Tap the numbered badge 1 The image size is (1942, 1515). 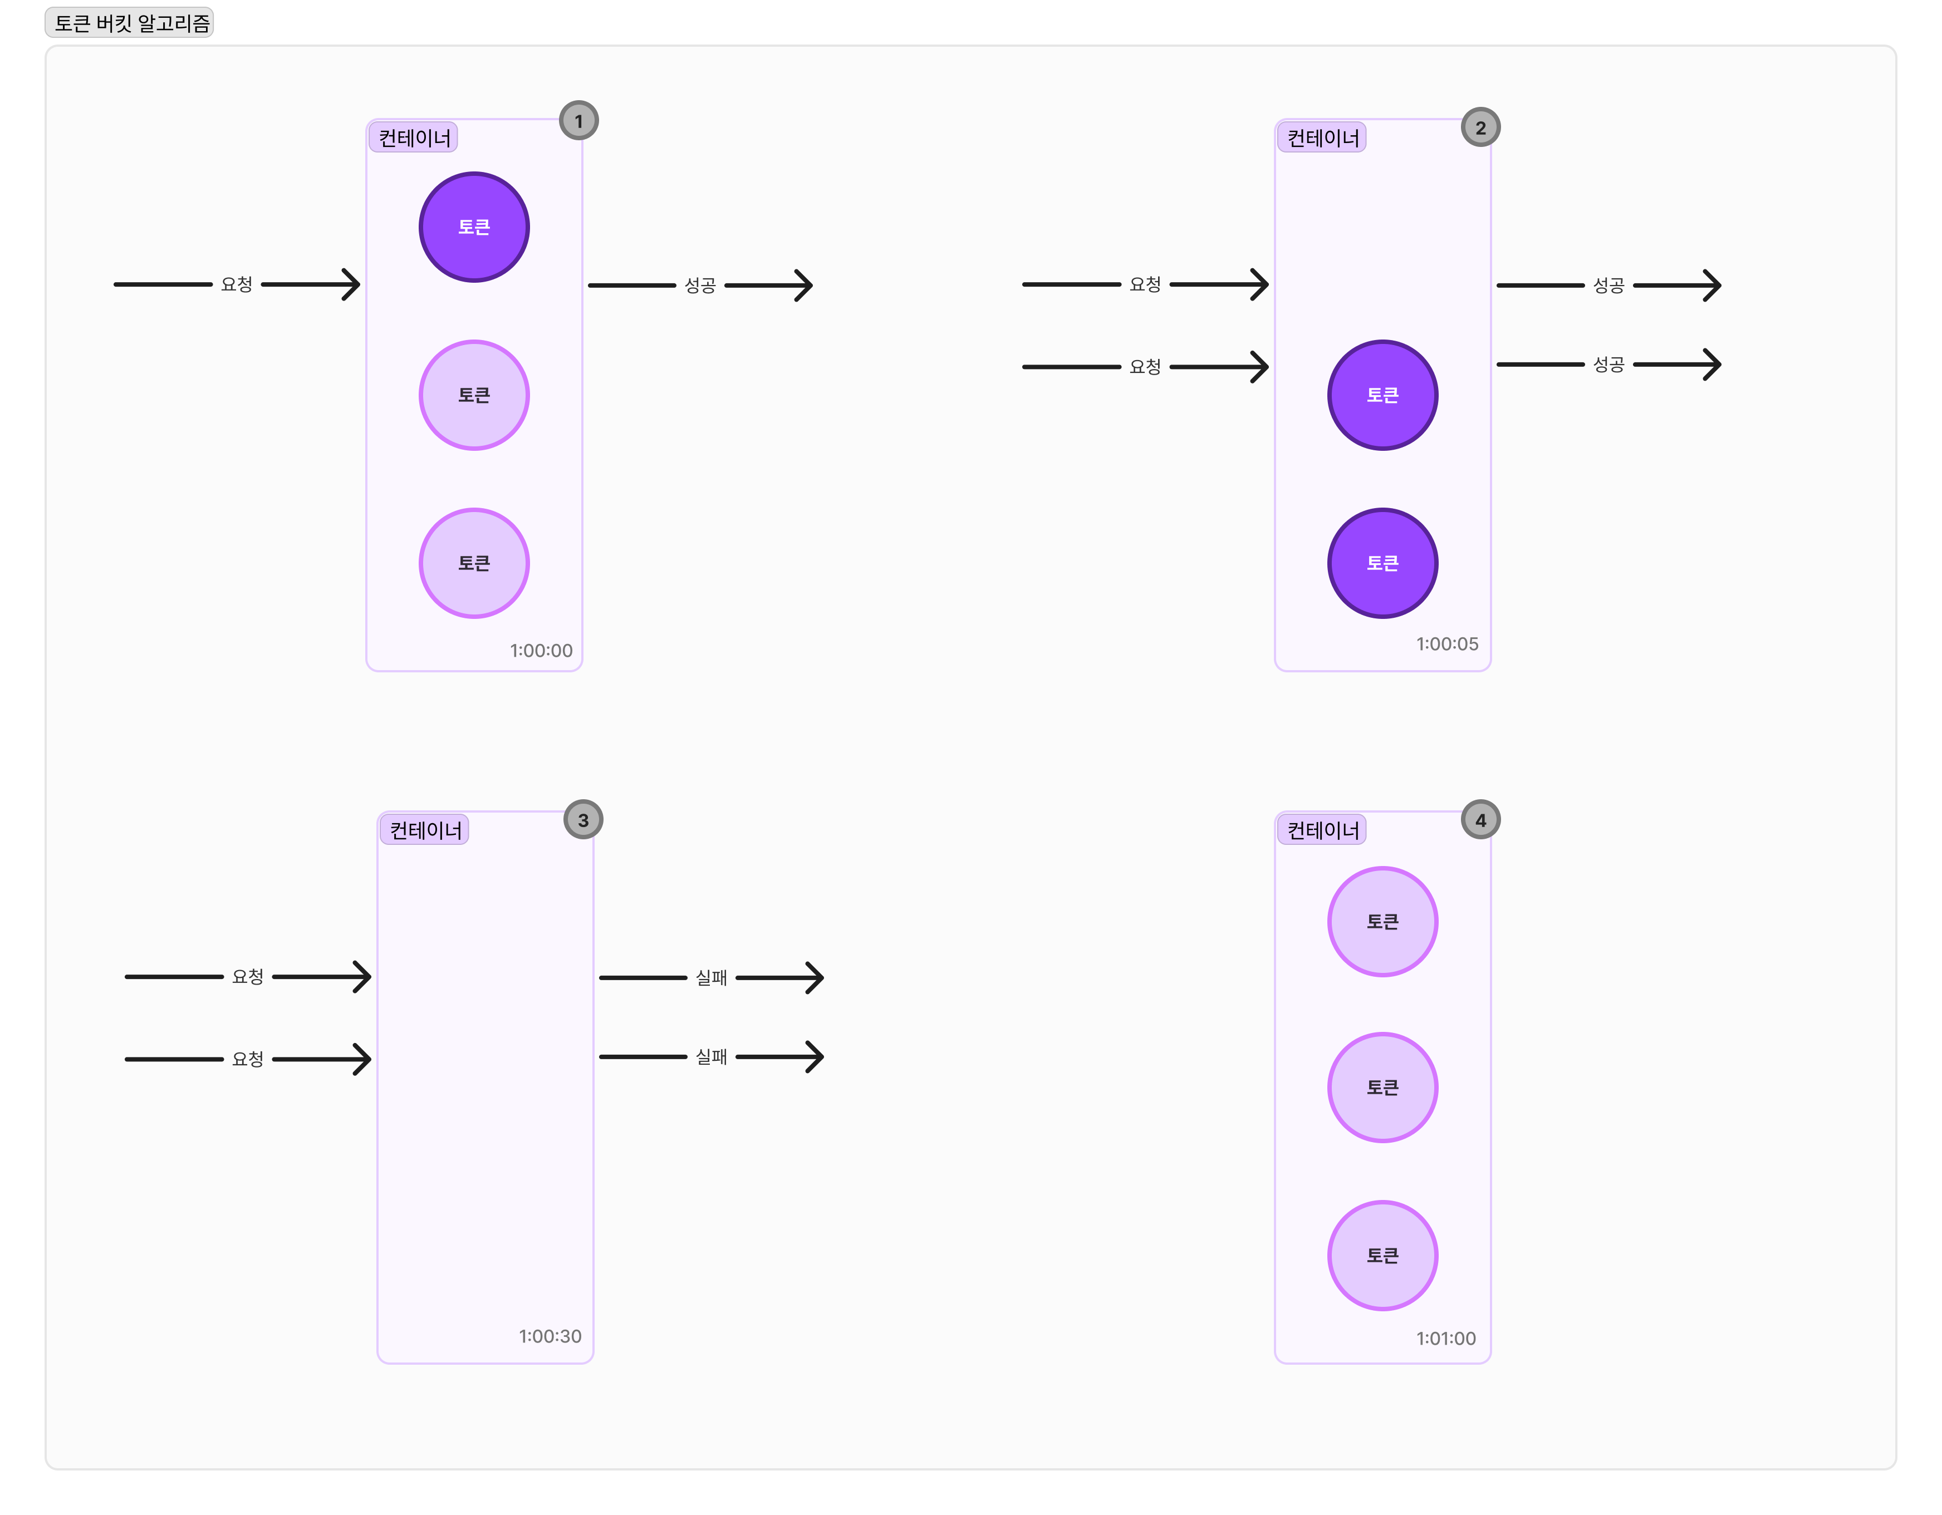(x=579, y=121)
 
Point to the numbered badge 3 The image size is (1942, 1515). (x=583, y=820)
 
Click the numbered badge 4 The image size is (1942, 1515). (x=1480, y=820)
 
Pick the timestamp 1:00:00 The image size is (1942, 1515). (x=541, y=651)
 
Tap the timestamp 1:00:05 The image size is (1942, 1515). (x=1446, y=644)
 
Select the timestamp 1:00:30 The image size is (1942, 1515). (x=550, y=1336)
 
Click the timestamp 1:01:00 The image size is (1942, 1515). (x=1446, y=1338)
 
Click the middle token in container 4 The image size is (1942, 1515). (x=1382, y=1088)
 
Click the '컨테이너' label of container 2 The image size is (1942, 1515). (x=1323, y=138)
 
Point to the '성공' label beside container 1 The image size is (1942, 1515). (x=700, y=286)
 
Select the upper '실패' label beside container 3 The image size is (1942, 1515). (x=712, y=978)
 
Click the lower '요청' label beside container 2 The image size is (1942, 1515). (x=1145, y=366)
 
